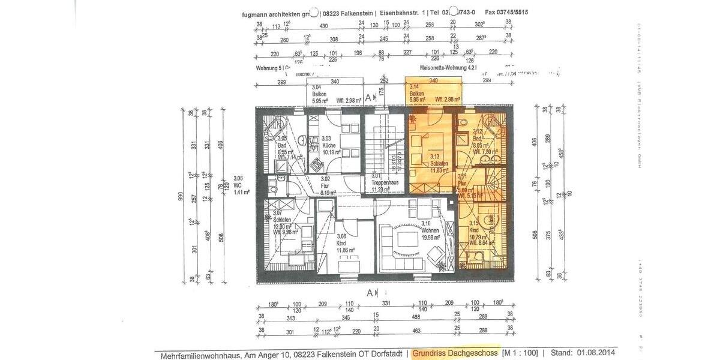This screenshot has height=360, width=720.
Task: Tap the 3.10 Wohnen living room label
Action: pyautogui.click(x=430, y=230)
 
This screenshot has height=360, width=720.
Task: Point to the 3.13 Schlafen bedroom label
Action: pyautogui.click(x=439, y=163)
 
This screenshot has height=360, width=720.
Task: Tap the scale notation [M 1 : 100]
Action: pyautogui.click(x=519, y=353)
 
